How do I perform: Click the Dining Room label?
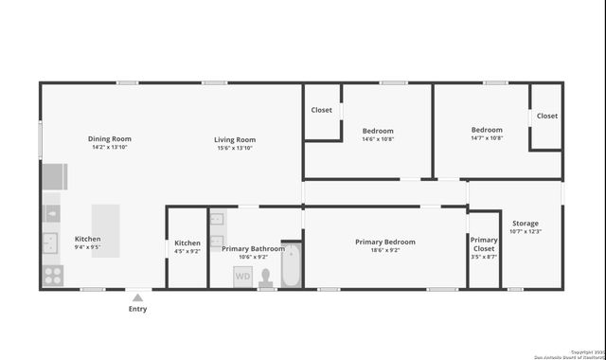coord(110,138)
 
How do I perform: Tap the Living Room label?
coord(235,139)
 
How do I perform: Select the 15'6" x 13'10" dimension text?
coord(235,148)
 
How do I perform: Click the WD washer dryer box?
coord(243,277)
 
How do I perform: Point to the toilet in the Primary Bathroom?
coord(266,278)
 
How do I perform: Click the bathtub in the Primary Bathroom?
coord(291,265)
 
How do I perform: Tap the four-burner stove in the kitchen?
coord(52,276)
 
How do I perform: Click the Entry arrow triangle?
coord(137,297)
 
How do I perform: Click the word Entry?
coord(137,309)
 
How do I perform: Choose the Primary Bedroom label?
coord(384,242)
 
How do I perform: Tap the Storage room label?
coord(525,223)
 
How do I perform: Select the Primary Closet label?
coord(484,244)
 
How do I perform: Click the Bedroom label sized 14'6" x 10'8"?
coord(378,131)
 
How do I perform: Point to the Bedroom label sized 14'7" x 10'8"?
coord(487,130)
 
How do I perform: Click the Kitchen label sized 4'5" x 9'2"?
coord(187,243)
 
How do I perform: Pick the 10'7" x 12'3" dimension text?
coord(525,231)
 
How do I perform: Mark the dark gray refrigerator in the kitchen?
coord(54,176)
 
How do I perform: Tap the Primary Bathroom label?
coord(253,248)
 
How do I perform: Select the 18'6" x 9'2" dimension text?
coord(384,251)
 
